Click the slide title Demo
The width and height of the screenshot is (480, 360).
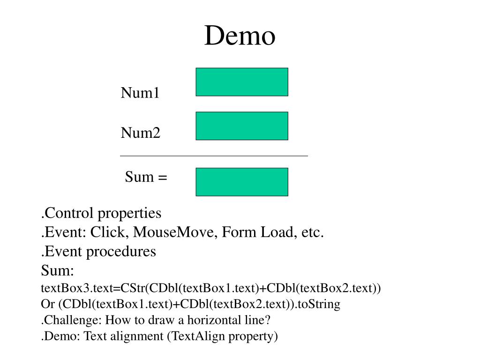pyautogui.click(x=240, y=36)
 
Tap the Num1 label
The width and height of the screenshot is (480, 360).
pyautogui.click(x=140, y=92)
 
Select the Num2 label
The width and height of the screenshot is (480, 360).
pyautogui.click(x=141, y=133)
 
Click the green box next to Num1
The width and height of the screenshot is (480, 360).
pyautogui.click(x=242, y=82)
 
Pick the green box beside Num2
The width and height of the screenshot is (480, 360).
pyautogui.click(x=242, y=126)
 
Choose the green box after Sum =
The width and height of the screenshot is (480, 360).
pyautogui.click(x=242, y=182)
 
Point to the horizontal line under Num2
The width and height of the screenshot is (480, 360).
pyautogui.click(x=214, y=156)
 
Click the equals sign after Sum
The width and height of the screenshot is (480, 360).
pyautogui.click(x=163, y=178)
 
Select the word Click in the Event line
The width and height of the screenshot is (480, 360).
pyautogui.click(x=107, y=232)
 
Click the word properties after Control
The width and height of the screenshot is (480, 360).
pyautogui.click(x=129, y=213)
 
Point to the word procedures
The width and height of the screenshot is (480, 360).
pyautogui.click(x=121, y=252)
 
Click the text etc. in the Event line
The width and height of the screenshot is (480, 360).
pyautogui.click(x=312, y=232)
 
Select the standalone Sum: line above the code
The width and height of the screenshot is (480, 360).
pyautogui.click(x=58, y=270)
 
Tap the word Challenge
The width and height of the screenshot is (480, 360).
pyautogui.click(x=72, y=320)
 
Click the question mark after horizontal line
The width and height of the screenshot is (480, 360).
pyautogui.click(x=267, y=320)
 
